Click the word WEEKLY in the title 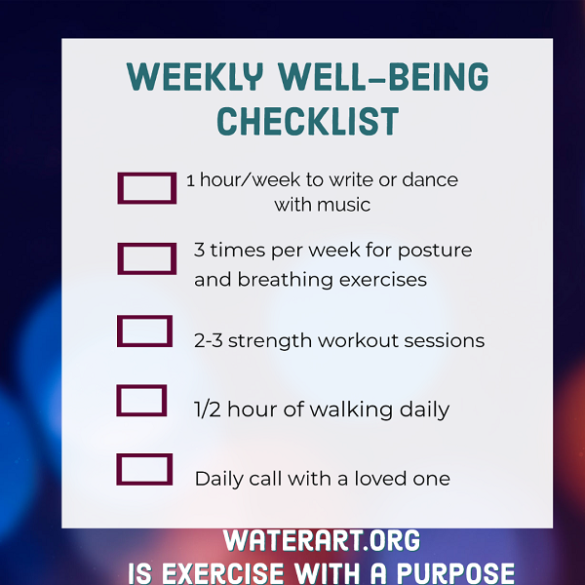(x=195, y=77)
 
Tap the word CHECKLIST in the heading (x=308, y=121)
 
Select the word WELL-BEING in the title (x=383, y=77)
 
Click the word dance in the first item (x=430, y=179)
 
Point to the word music (x=343, y=205)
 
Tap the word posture (x=435, y=251)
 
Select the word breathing (x=286, y=280)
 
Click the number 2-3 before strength (x=209, y=340)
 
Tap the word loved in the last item (x=380, y=479)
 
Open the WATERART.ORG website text (x=321, y=540)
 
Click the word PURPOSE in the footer (x=455, y=572)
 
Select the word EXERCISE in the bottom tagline (x=222, y=573)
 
